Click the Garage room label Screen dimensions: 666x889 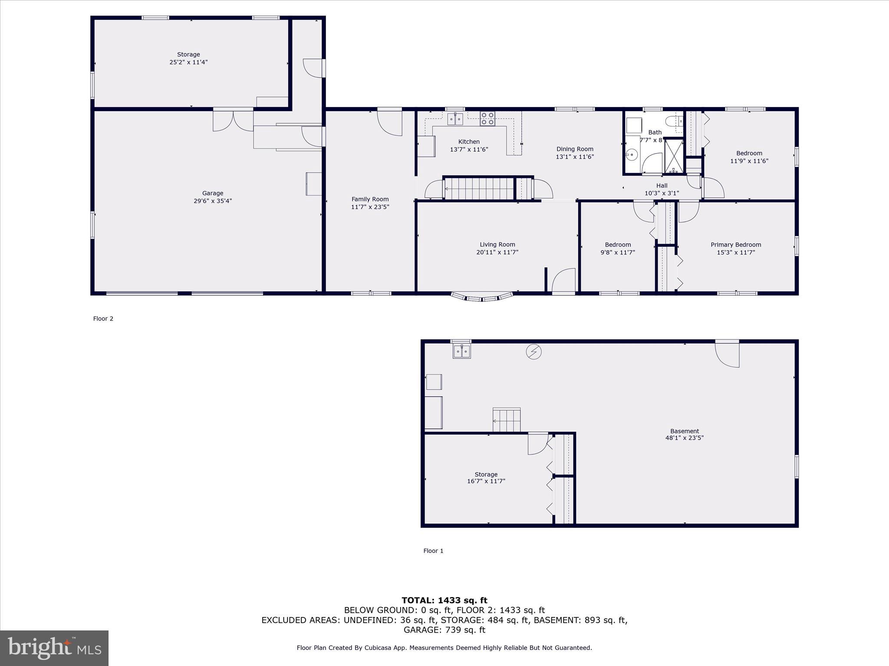coord(213,193)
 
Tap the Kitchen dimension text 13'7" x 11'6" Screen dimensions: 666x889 coord(469,150)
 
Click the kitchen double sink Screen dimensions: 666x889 coord(455,119)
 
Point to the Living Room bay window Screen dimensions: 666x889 coord(482,297)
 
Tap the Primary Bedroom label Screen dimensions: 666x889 coord(736,245)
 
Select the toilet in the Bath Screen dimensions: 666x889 coord(674,121)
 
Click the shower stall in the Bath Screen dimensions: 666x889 coord(674,155)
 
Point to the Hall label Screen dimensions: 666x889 coord(662,186)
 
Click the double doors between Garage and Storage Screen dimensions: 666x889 coord(233,121)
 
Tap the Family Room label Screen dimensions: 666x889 coord(370,199)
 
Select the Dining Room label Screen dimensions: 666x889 coord(575,149)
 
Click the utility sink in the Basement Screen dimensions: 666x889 coord(462,351)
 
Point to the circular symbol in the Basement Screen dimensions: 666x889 coord(533,352)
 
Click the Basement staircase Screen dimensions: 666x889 coord(507,420)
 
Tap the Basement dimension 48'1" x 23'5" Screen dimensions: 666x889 coord(685,438)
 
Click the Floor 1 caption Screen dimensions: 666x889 coord(433,551)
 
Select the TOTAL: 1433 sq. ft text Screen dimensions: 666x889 coord(444,601)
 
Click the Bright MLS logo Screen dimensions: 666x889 coord(54,648)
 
